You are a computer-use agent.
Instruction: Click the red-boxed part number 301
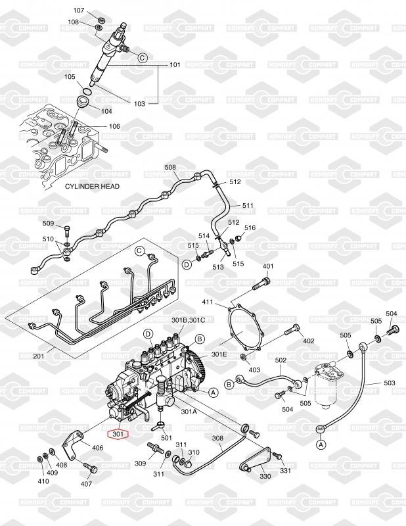[119, 434]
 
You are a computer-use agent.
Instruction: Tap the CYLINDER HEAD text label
[92, 187]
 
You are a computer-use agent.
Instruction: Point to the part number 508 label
[171, 168]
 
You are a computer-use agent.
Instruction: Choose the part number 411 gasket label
[208, 302]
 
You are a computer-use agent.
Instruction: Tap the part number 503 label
[389, 383]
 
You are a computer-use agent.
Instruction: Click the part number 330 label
[265, 476]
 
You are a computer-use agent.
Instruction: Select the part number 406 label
[97, 448]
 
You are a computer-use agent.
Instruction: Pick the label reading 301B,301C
[189, 320]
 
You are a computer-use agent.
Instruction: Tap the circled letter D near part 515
[187, 264]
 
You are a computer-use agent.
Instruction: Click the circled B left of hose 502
[229, 384]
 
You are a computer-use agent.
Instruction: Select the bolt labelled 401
[260, 284]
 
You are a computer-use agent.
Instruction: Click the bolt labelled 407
[91, 469]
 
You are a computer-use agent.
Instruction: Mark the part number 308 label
[217, 437]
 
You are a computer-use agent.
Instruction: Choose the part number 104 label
[106, 111]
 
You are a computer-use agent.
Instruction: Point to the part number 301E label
[219, 354]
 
